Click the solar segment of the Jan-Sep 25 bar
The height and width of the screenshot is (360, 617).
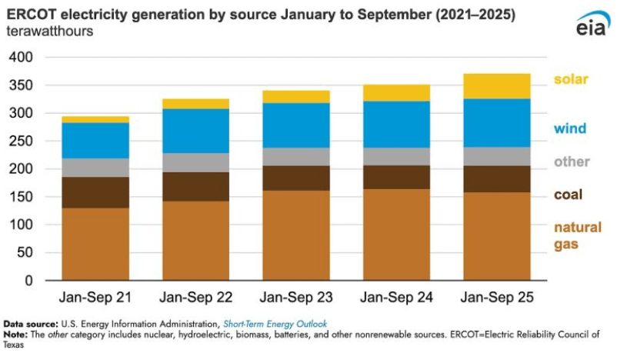pyautogui.click(x=496, y=86)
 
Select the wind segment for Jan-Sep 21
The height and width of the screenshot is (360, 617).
pyautogui.click(x=95, y=141)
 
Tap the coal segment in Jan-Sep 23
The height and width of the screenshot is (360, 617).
pyautogui.click(x=296, y=178)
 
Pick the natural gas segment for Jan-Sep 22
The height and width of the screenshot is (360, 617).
pyautogui.click(x=196, y=241)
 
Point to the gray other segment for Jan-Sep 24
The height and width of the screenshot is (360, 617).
pyautogui.click(x=397, y=157)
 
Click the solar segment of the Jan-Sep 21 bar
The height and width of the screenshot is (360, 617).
pyautogui.click(x=95, y=119)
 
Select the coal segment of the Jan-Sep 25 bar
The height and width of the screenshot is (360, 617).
pyautogui.click(x=496, y=179)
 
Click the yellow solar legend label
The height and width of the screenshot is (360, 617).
pyautogui.click(x=571, y=79)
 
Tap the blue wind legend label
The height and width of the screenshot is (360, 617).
pyautogui.click(x=570, y=128)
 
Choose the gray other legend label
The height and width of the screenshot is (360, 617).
pyautogui.click(x=572, y=162)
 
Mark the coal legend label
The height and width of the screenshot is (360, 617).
pyautogui.click(x=569, y=195)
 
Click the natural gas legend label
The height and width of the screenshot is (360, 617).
pyautogui.click(x=578, y=235)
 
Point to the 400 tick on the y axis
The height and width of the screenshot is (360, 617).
pyautogui.click(x=22, y=57)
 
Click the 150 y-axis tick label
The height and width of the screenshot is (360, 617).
pyautogui.click(x=22, y=197)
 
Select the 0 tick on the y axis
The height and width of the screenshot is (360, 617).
pyautogui.click(x=28, y=281)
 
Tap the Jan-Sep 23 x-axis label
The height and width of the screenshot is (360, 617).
pyautogui.click(x=296, y=297)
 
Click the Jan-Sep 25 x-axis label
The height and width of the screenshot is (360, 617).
pyautogui.click(x=497, y=297)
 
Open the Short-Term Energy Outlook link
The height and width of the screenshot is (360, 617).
pyautogui.click(x=275, y=324)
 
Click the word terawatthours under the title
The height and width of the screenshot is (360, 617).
pyautogui.click(x=50, y=31)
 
